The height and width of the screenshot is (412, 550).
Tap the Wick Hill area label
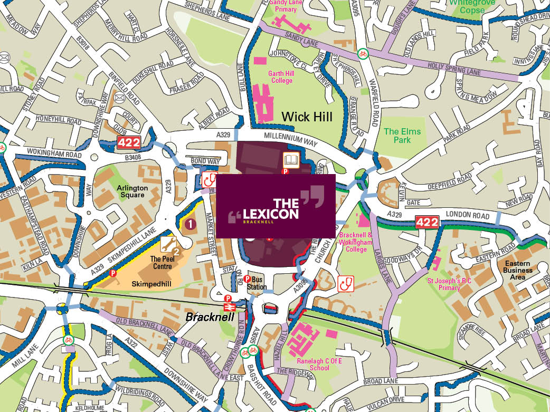(307, 116)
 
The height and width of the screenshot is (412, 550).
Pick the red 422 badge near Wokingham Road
(128, 142)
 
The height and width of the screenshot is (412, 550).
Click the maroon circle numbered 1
(191, 224)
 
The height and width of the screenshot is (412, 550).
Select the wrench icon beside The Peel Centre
(168, 243)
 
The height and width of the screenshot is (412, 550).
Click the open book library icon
(291, 159)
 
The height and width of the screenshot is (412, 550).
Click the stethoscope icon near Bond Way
(211, 179)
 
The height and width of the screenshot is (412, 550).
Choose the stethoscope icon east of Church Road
(346, 283)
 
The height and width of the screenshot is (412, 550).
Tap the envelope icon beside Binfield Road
(119, 98)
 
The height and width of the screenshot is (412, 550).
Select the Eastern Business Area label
(518, 270)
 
